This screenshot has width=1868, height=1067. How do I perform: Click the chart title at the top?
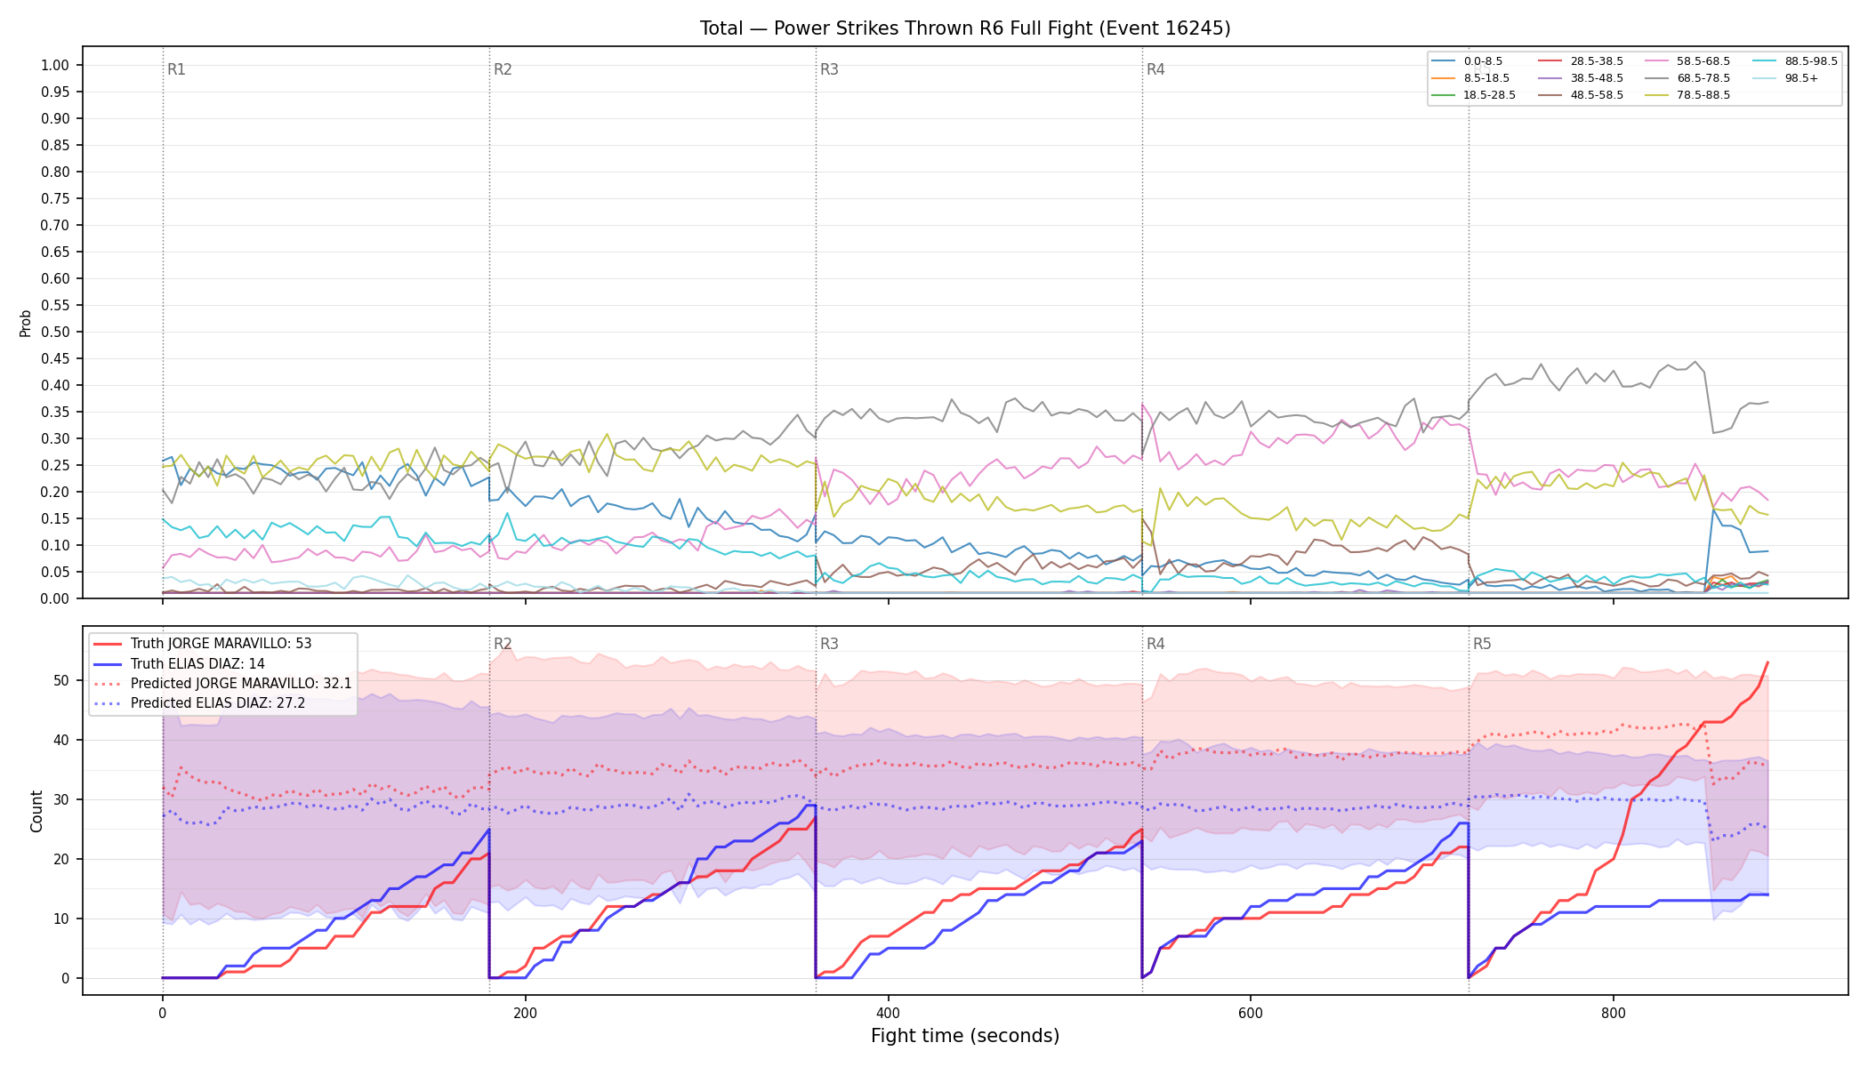coord(965,28)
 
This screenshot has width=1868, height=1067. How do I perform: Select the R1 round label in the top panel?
coord(176,69)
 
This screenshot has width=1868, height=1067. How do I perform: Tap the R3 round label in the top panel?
coord(829,69)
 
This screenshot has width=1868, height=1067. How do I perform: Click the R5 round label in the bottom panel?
coord(1482,644)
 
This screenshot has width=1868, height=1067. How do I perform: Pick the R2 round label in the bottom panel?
coord(503,644)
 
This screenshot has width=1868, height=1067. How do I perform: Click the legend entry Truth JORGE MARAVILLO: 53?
coord(221,644)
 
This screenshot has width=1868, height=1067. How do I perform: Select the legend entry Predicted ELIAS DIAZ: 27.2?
coord(218,703)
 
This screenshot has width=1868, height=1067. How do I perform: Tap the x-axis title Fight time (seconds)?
coord(965,1036)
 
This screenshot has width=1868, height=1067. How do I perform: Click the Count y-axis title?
coord(36,811)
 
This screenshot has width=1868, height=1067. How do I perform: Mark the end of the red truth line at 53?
coord(1767,662)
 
